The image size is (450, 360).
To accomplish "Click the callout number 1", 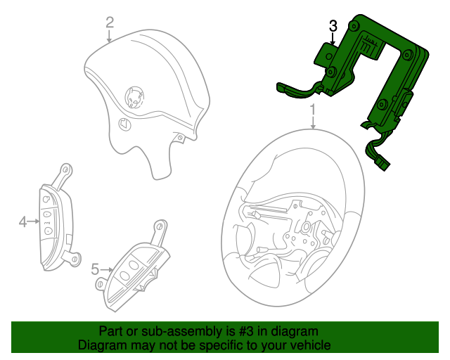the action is pos(313,110).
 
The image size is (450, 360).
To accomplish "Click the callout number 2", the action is pos(110,22).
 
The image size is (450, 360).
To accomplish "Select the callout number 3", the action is pos(333,27).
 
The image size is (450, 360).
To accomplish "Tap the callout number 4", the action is pos(23,222).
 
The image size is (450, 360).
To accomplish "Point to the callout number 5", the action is pos(95,269).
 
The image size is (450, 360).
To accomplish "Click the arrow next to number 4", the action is pos(34,221).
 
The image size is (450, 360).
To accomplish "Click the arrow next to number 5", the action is pos(106,269).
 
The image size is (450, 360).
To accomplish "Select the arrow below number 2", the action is pos(109,36).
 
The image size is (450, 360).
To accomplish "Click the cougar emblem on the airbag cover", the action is pos(134,98).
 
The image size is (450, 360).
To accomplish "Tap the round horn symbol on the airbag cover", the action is pos(125,124).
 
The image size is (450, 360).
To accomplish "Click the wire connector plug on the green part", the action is pos(382,165).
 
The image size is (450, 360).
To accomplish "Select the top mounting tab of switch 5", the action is pos(160,230).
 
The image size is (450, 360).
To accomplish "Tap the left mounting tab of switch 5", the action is pos(101,283).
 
